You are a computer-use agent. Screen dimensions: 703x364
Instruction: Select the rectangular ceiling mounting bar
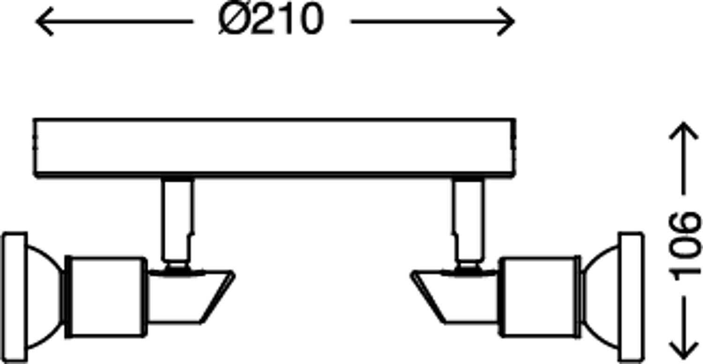[x=275, y=148]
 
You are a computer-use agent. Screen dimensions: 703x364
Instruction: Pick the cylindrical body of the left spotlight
[x=106, y=296]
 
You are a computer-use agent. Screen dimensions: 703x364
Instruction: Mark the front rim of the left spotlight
[x=14, y=297]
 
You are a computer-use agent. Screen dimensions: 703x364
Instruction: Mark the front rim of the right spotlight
[x=631, y=297]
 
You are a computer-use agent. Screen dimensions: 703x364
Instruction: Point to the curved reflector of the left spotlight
[x=45, y=297]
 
